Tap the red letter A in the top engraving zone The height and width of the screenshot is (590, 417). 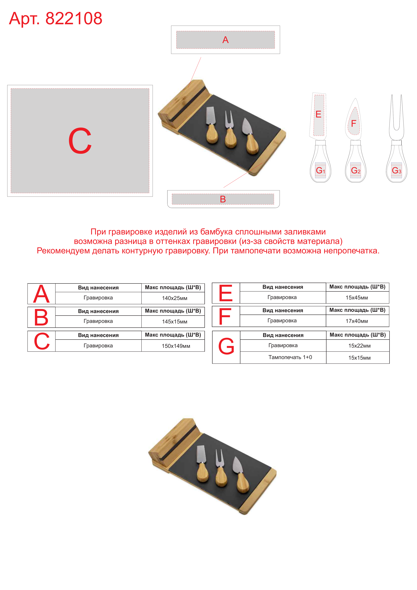tap(225, 40)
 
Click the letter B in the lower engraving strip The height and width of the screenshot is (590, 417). tap(223, 199)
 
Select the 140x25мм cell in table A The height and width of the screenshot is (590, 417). tap(175, 298)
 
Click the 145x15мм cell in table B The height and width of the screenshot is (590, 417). tap(175, 322)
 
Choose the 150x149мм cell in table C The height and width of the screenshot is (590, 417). tap(176, 346)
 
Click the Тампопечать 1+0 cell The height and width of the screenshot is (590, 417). tap(290, 357)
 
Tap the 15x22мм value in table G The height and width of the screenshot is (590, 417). tap(359, 346)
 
